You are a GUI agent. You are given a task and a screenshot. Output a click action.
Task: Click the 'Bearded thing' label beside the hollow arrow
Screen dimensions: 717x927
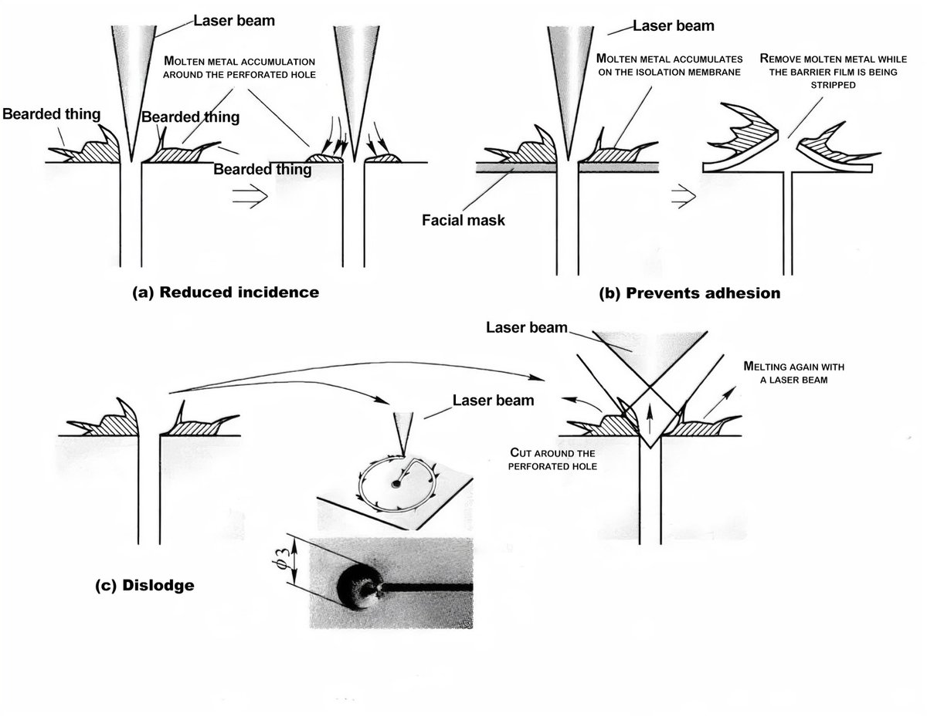click(263, 169)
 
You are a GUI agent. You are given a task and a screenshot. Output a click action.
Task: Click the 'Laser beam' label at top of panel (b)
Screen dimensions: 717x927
click(674, 26)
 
